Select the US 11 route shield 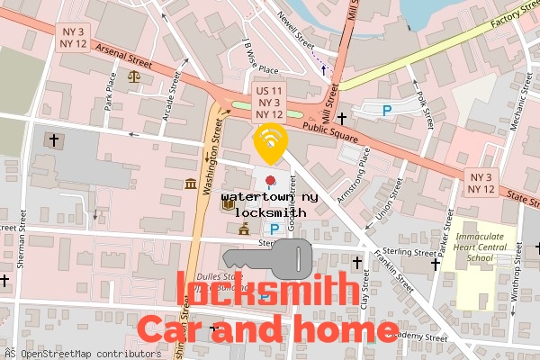click(270, 103)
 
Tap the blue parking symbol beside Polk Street click(388, 110)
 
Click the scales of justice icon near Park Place click(135, 76)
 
